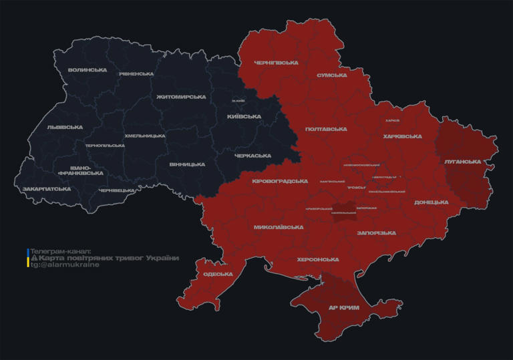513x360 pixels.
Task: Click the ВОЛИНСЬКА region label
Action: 87,69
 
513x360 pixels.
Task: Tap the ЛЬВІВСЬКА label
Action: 65,127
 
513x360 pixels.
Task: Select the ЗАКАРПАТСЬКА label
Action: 47,189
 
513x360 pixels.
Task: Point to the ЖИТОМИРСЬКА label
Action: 181,97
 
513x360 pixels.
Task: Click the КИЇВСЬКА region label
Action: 244,116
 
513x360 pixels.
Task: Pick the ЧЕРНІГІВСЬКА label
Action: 276,63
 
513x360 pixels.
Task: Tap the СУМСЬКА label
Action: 332,75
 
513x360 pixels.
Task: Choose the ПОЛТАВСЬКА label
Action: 325,129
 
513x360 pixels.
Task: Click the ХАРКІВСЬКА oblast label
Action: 403,136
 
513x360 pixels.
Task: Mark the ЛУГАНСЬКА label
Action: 462,162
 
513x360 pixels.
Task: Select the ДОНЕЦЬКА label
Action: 431,202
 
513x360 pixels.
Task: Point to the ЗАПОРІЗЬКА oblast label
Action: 377,232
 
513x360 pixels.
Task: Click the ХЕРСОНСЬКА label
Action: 318,259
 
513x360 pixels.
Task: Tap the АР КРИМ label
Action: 344,308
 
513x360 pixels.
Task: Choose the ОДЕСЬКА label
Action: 218,275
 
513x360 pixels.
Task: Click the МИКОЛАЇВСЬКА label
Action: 279,227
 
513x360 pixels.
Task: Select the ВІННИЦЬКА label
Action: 187,164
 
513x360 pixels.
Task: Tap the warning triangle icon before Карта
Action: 34,258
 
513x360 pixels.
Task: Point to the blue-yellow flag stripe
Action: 28,258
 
